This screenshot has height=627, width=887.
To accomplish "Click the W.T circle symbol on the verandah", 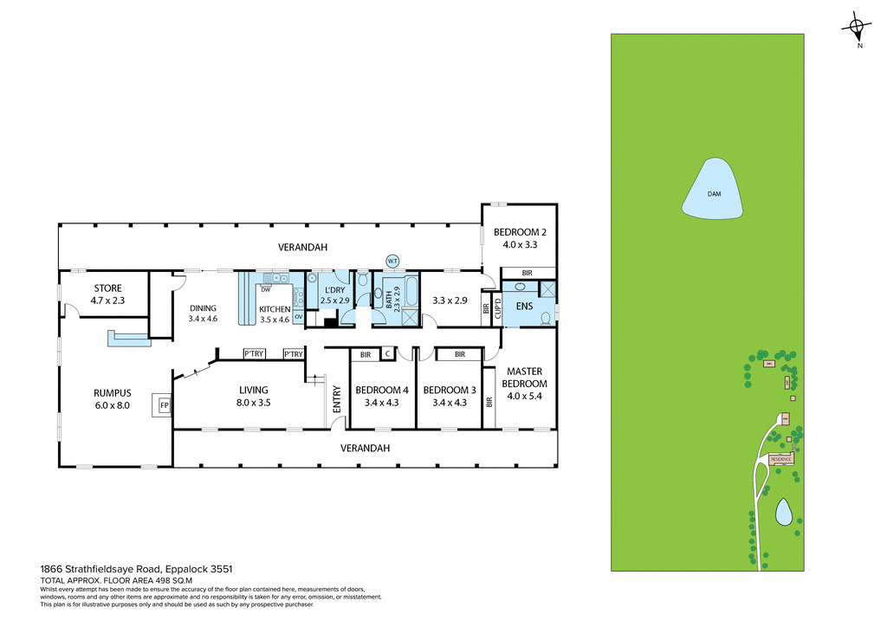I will click(392, 261).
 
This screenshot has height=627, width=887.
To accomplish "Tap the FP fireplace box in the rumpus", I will click(163, 404).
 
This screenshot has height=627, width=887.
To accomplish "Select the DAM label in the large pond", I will click(714, 194).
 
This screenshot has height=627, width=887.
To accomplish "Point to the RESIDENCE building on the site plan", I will click(781, 459).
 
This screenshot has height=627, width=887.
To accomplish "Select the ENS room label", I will click(524, 306).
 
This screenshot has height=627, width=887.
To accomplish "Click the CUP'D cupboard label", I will click(498, 307).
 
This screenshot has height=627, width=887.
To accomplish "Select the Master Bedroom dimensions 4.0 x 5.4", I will click(527, 397).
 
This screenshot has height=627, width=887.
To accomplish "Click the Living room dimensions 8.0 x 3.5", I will click(254, 402).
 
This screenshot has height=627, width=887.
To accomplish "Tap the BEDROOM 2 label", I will click(520, 232).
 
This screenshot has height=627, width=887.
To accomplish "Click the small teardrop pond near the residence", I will click(784, 513).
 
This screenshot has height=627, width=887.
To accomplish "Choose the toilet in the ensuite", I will click(544, 318).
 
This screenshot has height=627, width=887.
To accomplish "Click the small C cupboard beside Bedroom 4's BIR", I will click(388, 354).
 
